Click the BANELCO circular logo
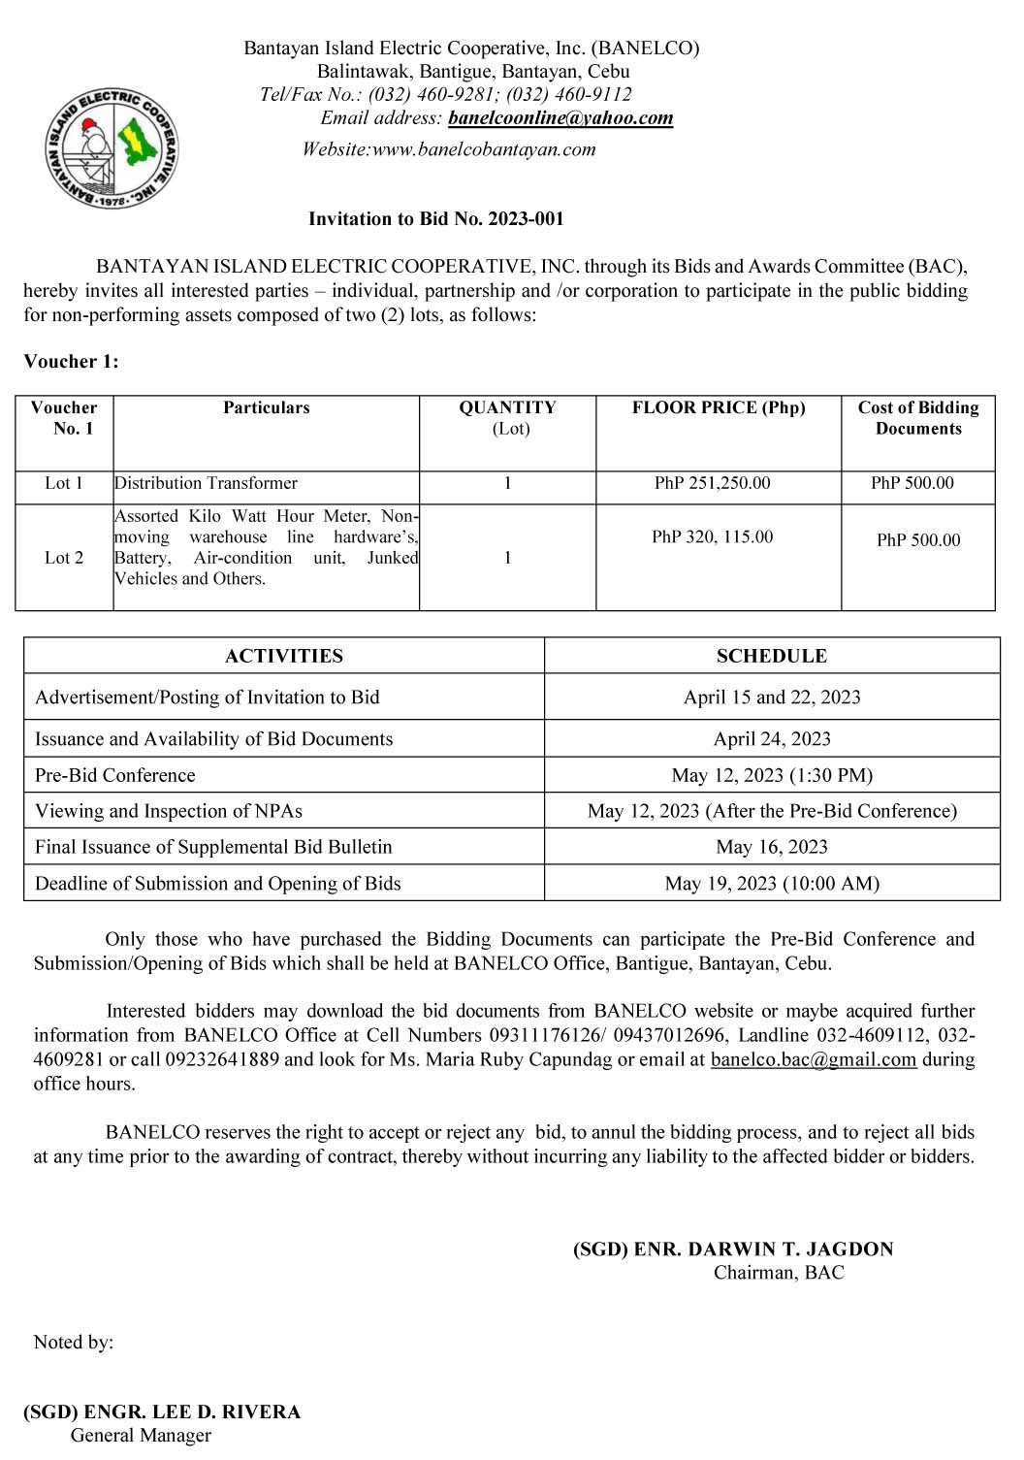[x=112, y=147]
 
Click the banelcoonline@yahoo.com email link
[x=560, y=118]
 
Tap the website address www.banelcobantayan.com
[x=483, y=149]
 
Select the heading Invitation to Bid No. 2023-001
[x=435, y=219]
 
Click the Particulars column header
[x=266, y=408]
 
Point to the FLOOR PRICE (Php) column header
[x=718, y=408]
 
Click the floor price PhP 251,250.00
[x=712, y=483]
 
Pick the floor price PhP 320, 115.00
[x=712, y=537]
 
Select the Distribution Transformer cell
[x=206, y=483]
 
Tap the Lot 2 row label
[x=64, y=558]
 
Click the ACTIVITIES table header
[x=283, y=657]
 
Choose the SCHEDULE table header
[x=771, y=657]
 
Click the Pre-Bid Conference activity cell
[x=115, y=775]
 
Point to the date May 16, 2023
[x=771, y=847]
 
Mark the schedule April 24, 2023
[x=771, y=739]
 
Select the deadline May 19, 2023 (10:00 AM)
[x=771, y=884]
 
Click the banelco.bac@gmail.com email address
[x=813, y=1059]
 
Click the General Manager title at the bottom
[x=141, y=1436]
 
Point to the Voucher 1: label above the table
[x=71, y=362]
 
